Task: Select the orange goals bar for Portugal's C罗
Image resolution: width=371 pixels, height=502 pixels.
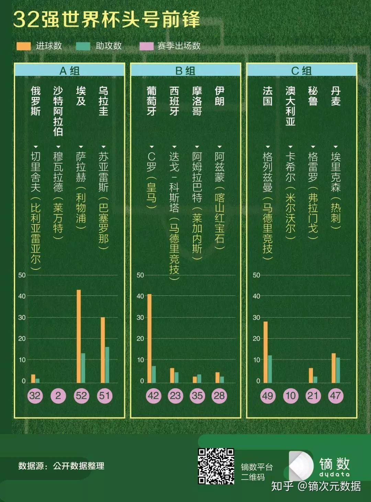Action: click(x=149, y=338)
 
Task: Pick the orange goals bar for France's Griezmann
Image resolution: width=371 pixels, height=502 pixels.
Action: click(x=265, y=352)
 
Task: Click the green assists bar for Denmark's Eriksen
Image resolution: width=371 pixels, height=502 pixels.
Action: click(x=338, y=370)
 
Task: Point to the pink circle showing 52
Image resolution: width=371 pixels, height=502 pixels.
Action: click(x=81, y=396)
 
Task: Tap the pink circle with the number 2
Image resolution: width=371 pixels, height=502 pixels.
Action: click(x=58, y=396)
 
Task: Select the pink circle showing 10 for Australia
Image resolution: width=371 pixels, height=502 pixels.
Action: click(x=291, y=396)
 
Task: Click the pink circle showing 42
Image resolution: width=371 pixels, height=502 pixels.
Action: click(x=153, y=396)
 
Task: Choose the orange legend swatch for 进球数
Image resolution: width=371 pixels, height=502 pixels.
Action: click(x=24, y=46)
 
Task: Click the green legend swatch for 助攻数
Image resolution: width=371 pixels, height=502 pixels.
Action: click(x=83, y=46)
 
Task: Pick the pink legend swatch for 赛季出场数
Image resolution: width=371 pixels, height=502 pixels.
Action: click(x=146, y=46)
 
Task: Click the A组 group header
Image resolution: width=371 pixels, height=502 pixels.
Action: click(x=69, y=71)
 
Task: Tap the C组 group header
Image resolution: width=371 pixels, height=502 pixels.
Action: click(x=302, y=71)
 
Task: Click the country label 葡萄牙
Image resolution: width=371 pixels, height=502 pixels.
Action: click(x=151, y=101)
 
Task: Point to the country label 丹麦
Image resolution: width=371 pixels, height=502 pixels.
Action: click(x=336, y=96)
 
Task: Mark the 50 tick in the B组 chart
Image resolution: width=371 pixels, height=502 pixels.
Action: click(x=140, y=275)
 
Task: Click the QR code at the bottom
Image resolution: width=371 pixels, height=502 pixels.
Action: click(x=216, y=466)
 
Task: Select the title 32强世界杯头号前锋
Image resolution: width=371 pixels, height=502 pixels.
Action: click(x=106, y=20)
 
